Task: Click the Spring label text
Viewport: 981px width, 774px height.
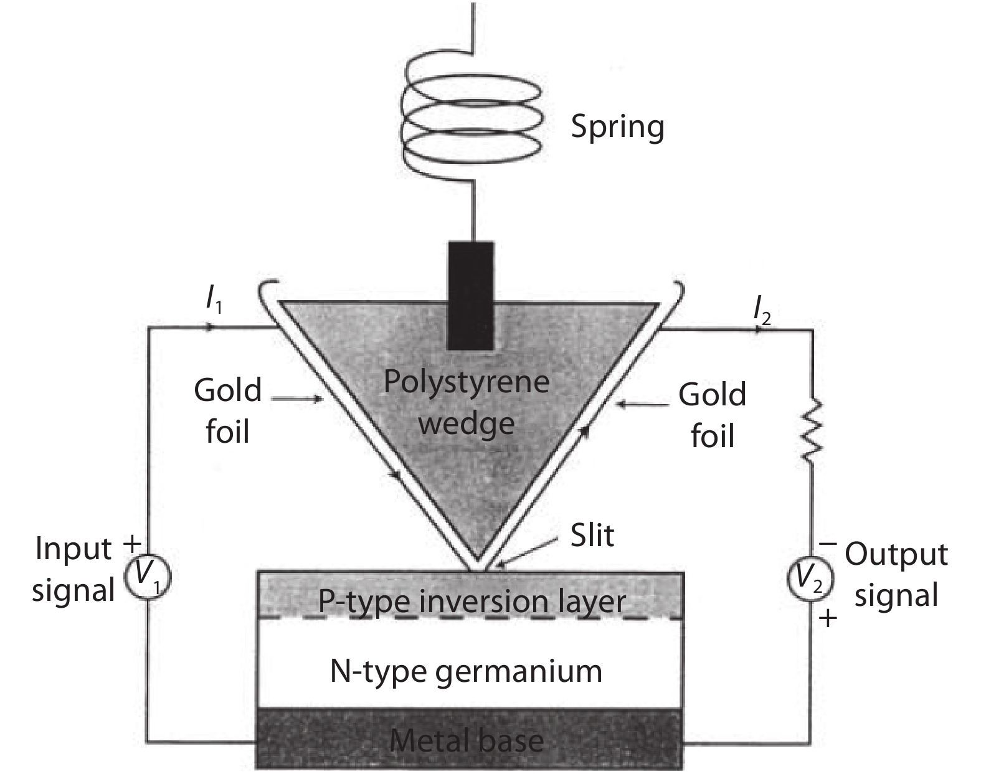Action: (x=617, y=128)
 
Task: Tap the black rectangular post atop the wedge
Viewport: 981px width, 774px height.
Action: (x=471, y=295)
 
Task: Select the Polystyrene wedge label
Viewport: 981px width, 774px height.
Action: (x=467, y=402)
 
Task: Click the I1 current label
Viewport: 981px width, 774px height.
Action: (x=214, y=301)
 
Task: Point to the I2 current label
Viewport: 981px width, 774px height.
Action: (x=762, y=309)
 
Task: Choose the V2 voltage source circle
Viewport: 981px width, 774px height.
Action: (x=810, y=580)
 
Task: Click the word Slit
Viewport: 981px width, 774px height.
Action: (x=592, y=536)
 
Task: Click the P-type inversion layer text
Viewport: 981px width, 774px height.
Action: (x=472, y=602)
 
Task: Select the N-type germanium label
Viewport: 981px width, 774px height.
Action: (x=466, y=671)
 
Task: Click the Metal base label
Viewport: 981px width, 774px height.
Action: (x=467, y=741)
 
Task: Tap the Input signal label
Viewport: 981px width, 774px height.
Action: (x=73, y=569)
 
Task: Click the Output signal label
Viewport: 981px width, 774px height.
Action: (x=896, y=574)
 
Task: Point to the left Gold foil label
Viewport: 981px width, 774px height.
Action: (x=227, y=411)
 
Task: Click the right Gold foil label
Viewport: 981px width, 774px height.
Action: (x=712, y=415)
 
